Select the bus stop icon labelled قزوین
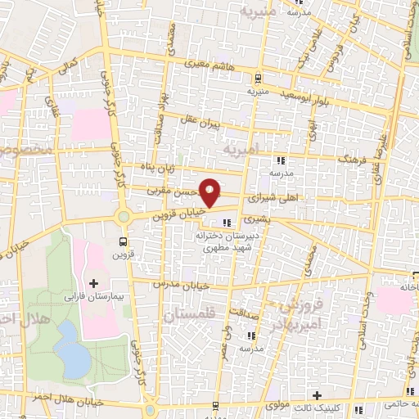[x=123, y=242]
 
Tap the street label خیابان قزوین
[x=174, y=215]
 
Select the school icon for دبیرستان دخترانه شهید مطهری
[x=227, y=222]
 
